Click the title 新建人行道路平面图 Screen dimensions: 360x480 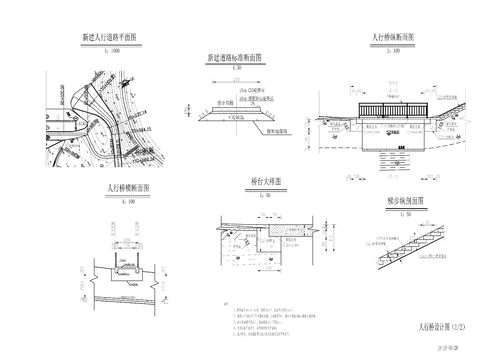click(115, 38)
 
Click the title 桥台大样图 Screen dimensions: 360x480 click(265, 182)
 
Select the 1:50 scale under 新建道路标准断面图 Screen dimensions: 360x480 click(237, 68)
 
